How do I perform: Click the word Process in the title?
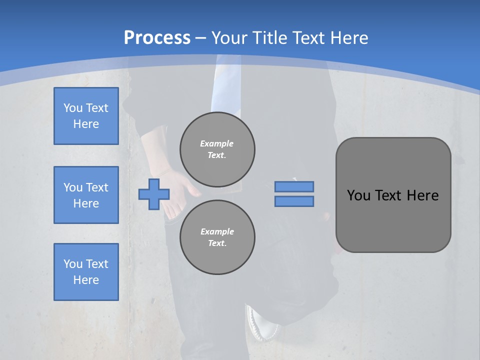tap(157, 37)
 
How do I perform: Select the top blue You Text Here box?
tap(86, 116)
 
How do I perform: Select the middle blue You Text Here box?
tap(86, 195)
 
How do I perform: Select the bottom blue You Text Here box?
tap(86, 271)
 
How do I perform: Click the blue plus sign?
tap(154, 194)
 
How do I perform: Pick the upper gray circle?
tap(217, 149)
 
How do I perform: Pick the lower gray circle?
tap(217, 237)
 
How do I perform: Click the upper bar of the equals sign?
tap(294, 186)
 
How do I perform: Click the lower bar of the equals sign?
tap(294, 201)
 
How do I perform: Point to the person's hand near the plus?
tap(182, 187)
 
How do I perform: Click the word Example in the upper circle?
tap(217, 143)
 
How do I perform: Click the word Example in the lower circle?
tap(217, 231)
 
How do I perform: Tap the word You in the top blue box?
tap(72, 108)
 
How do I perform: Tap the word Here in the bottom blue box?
tap(86, 280)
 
